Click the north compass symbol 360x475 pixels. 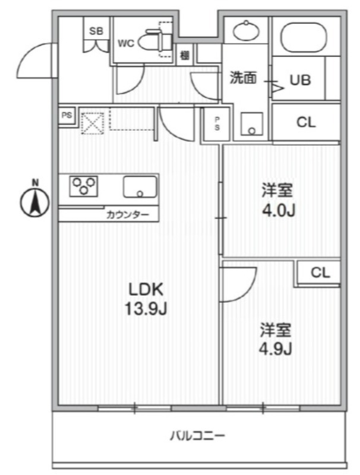click(x=35, y=201)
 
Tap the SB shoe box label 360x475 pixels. click(x=96, y=31)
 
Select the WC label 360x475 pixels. click(x=127, y=42)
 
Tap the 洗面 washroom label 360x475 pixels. click(x=243, y=78)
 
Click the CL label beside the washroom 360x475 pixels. click(x=306, y=122)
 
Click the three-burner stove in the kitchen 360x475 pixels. click(x=84, y=186)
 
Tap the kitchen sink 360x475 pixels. click(x=140, y=187)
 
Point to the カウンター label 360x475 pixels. click(x=124, y=214)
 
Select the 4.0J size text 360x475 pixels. click(x=279, y=210)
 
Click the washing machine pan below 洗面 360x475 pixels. click(x=253, y=123)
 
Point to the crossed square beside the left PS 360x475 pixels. click(x=92, y=123)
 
